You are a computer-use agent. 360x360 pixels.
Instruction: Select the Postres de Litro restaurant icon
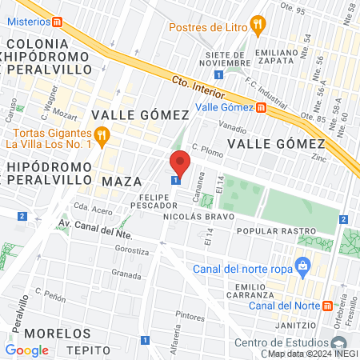[x=257, y=26]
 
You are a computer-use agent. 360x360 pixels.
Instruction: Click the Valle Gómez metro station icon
[x=261, y=106]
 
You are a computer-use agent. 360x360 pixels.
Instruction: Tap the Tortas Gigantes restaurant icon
[x=101, y=136]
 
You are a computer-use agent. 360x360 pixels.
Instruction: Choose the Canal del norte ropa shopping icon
[x=302, y=264]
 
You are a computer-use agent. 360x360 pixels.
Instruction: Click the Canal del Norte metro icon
[x=327, y=306]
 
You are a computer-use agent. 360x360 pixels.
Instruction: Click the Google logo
[x=27, y=350]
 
